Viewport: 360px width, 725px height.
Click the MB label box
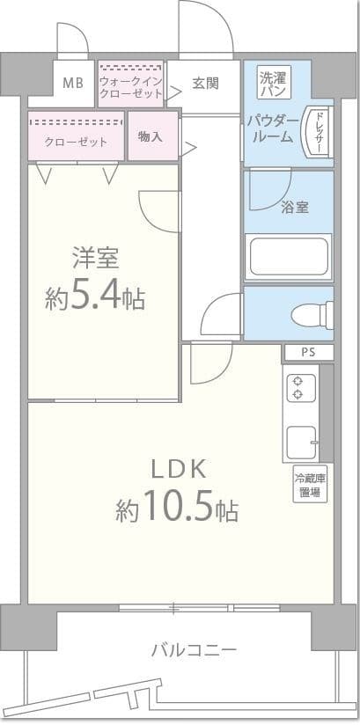tap(73, 84)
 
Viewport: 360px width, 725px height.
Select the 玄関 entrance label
tap(205, 84)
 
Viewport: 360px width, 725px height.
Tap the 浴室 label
tap(294, 208)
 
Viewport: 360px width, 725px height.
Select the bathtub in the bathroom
tap(288, 256)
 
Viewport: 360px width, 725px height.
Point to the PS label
tap(306, 353)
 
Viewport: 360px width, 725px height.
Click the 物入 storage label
tap(151, 136)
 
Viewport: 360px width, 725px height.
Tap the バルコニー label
tap(193, 651)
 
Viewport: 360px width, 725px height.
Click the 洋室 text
tap(95, 260)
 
